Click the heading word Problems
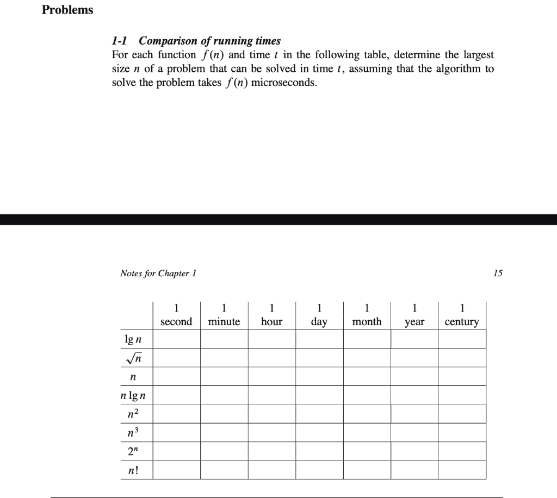(67, 10)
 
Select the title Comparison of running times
(210, 41)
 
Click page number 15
(498, 273)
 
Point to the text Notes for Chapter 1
(158, 273)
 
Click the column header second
(176, 321)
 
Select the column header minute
(224, 321)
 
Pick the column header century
(462, 321)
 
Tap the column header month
(367, 321)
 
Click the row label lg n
(133, 340)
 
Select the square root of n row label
(133, 358)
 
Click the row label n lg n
(133, 395)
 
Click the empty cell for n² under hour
(271, 414)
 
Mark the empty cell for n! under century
(462, 470)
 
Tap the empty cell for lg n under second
(176, 339)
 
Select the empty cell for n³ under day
(319, 433)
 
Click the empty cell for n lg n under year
(414, 395)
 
